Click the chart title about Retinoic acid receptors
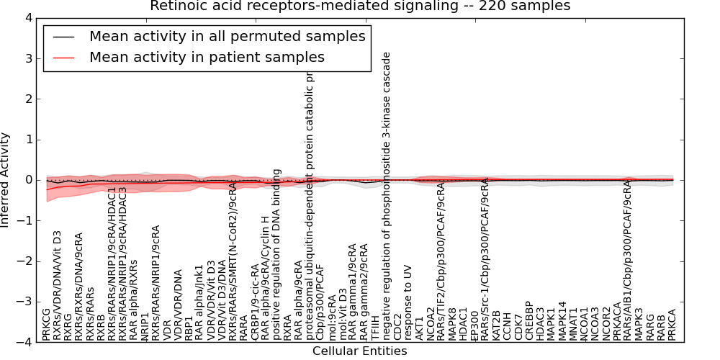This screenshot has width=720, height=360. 360,6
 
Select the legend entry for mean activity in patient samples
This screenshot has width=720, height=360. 207,57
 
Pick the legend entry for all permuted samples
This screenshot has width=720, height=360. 227,36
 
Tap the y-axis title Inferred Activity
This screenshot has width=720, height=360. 6,180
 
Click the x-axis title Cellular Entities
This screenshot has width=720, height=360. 359,351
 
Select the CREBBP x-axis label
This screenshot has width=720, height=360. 528,320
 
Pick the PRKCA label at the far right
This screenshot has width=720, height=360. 672,325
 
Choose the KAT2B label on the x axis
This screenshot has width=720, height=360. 496,325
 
